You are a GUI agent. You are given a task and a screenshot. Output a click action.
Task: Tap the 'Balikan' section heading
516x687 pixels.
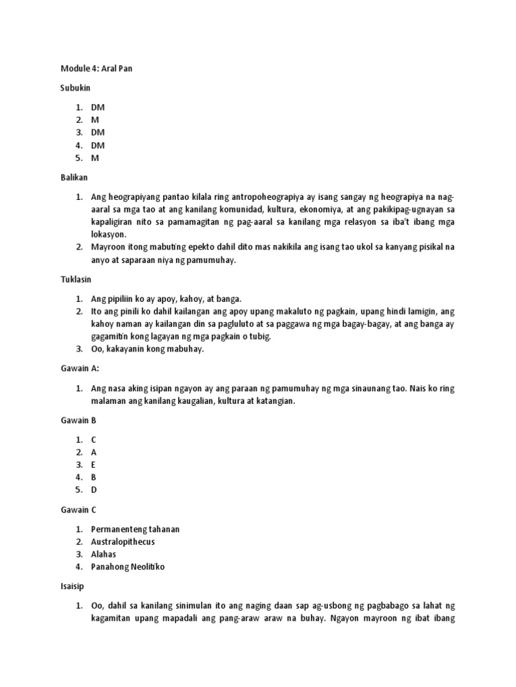coord(73,178)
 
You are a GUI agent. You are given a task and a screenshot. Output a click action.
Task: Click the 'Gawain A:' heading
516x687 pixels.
coord(79,369)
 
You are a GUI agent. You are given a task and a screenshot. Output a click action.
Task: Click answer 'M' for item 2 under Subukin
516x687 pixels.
coord(95,120)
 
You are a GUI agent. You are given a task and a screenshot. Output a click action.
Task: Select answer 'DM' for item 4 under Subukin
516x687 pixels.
coord(98,146)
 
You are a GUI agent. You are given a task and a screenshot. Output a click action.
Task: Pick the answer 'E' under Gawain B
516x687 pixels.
coord(94,465)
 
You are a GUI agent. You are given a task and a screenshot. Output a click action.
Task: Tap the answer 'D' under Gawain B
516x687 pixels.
coord(94,490)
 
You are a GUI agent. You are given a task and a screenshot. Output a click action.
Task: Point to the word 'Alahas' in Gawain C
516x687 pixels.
coord(103,555)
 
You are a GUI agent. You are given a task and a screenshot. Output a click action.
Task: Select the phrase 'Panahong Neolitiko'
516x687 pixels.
coord(128,568)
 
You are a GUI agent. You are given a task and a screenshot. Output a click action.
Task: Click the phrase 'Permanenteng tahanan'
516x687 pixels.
coord(135,529)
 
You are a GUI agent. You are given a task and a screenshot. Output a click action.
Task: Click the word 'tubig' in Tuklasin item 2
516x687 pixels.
coord(259,337)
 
